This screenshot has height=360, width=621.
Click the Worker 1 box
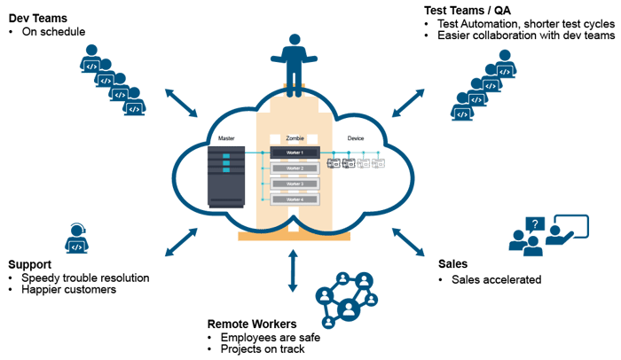pos(294,153)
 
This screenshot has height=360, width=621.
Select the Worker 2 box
pos(294,168)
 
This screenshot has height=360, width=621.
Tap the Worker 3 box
pos(294,184)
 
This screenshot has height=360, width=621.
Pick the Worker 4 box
pos(294,200)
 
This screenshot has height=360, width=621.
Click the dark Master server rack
pos(225,176)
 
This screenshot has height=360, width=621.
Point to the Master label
pos(225,138)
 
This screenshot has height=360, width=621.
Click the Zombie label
pos(294,138)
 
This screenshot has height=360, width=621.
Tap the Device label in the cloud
pos(356,138)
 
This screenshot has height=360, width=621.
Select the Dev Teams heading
pos(37,17)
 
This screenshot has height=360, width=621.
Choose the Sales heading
pos(453,264)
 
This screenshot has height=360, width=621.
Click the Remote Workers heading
pos(251,324)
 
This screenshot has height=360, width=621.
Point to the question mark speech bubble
pos(532,224)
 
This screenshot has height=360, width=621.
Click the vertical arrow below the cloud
pos(292,270)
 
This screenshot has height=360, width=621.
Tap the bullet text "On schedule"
pos(52,32)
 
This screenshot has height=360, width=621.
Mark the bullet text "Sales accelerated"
pos(490,280)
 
